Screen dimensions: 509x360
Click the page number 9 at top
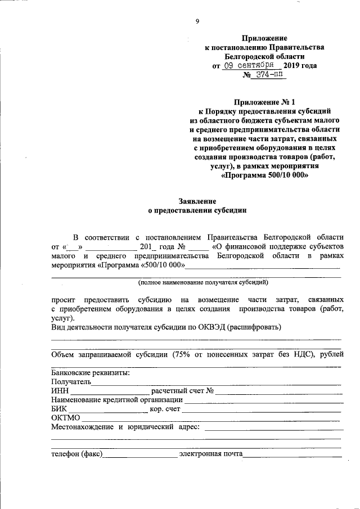pyautogui.click(x=197, y=21)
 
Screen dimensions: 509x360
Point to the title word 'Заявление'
pyautogui.click(x=197, y=201)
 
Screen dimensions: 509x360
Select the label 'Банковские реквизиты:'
pyautogui.click(x=91, y=372)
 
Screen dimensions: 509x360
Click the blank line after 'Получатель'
pyautogui.click(x=217, y=382)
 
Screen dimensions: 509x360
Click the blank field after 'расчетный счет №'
pyautogui.click(x=279, y=391)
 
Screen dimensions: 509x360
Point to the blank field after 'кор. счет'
pyautogui.click(x=262, y=409)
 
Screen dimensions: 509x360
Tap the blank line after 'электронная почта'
pyautogui.click(x=292, y=453)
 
